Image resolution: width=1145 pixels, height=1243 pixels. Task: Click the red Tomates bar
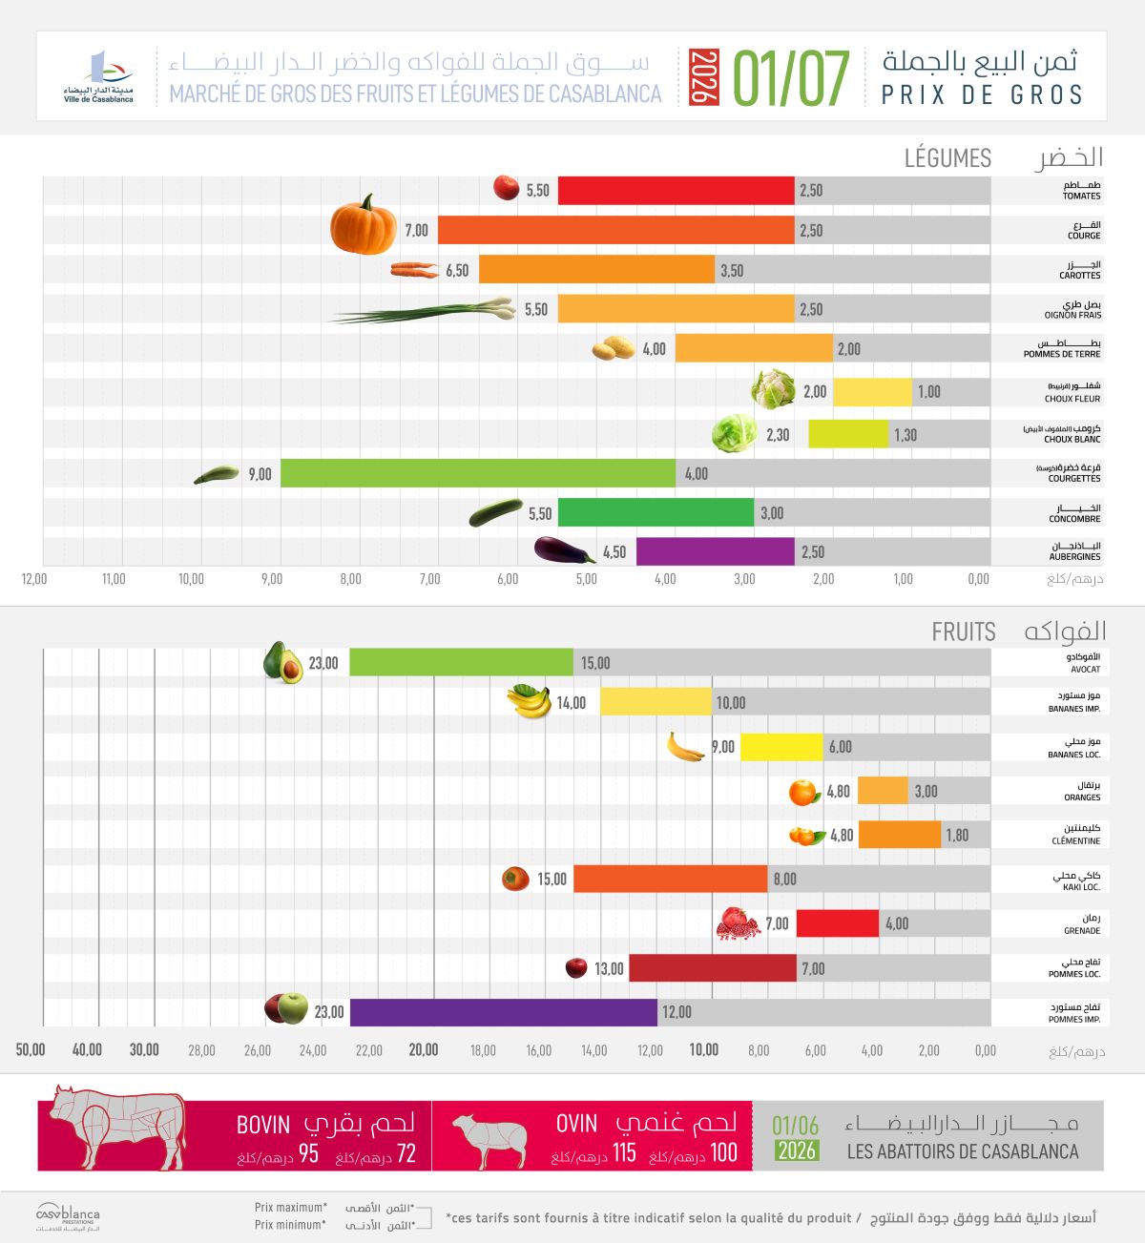tap(676, 190)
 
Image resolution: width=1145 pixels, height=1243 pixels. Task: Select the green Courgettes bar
tap(477, 473)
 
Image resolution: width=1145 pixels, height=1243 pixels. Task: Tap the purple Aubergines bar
tap(716, 551)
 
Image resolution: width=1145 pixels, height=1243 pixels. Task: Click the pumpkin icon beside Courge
tap(364, 224)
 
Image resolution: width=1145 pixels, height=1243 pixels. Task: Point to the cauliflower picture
tap(773, 389)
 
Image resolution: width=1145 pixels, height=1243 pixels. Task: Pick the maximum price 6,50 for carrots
tap(457, 270)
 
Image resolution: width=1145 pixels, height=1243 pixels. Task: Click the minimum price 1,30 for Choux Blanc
tap(906, 435)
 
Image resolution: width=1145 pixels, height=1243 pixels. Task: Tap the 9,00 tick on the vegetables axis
tap(272, 579)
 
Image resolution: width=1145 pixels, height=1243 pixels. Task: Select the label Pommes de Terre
tap(1062, 354)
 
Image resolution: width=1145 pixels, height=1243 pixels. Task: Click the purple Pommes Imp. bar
tap(504, 1012)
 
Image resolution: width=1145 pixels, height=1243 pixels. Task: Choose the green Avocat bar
tap(461, 662)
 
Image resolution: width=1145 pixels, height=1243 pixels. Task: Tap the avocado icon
tap(282, 662)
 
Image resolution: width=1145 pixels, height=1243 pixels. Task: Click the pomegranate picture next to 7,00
tap(738, 923)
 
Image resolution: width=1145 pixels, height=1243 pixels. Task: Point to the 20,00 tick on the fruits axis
tap(424, 1049)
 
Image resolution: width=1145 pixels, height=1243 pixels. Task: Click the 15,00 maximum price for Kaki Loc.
tap(552, 879)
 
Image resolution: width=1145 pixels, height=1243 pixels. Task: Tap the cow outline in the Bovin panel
tap(117, 1127)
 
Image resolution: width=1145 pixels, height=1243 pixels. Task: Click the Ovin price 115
tap(624, 1152)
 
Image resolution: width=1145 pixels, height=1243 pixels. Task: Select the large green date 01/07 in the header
tap(791, 77)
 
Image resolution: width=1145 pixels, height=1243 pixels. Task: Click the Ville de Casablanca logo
tap(98, 76)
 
